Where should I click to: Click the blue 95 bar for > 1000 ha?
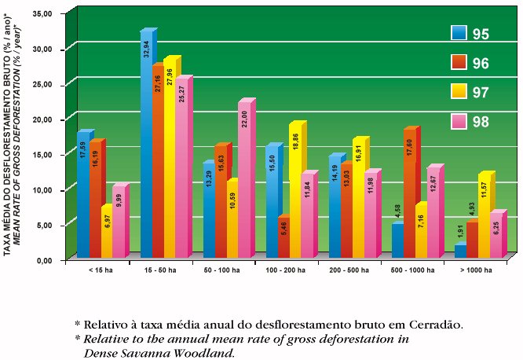[459, 251]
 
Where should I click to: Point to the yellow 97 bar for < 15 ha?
[106, 233]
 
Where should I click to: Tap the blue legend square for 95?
[459, 32]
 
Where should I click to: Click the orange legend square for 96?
[459, 62]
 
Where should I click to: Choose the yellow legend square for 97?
[459, 92]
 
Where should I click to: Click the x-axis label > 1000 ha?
[477, 270]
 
